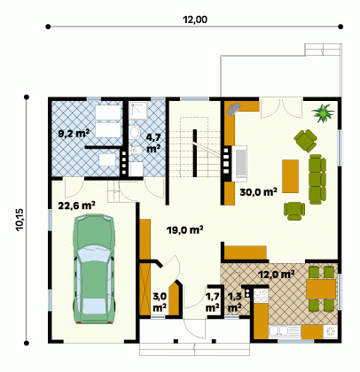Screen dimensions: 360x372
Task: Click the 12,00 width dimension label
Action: coord(195,19)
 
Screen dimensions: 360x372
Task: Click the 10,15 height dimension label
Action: coord(20,220)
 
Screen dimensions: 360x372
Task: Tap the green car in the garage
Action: coord(93,269)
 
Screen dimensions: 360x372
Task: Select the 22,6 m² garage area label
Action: coord(76,205)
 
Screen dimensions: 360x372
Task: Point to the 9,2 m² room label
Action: coord(74,134)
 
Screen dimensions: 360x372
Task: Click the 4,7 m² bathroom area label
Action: coord(153,143)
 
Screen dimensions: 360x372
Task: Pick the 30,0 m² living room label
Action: coord(258,192)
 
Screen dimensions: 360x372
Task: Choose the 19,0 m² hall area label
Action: coord(184,230)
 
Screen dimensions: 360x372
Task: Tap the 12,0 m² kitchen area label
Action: coord(277,275)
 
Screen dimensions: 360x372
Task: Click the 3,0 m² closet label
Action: coord(160,302)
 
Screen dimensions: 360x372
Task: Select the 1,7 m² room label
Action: coord(212,302)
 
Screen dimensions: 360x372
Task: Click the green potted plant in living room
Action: coord(323,112)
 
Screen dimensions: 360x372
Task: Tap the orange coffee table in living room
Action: coord(290,176)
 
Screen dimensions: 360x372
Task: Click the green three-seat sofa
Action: coord(317,179)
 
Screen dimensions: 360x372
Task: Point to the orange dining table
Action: coord(321,290)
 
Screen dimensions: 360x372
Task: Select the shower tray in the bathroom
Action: coord(138,111)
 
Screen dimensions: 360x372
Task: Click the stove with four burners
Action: coord(261,296)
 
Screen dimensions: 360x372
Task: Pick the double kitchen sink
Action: coord(278,331)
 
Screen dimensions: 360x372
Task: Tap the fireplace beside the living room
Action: coord(239,164)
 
